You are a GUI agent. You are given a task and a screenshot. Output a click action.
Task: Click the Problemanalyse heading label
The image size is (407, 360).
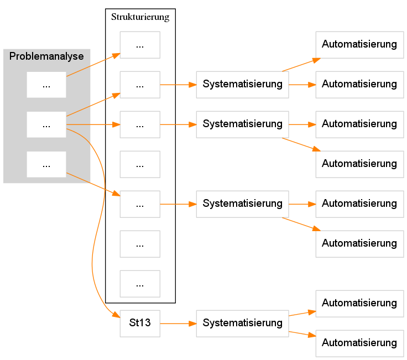click(x=46, y=56)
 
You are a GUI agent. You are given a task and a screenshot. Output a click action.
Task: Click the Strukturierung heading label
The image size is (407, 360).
click(x=140, y=17)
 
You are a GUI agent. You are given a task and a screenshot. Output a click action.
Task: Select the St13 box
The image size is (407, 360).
click(x=140, y=323)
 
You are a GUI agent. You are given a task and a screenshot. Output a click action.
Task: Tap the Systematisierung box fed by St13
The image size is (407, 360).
click(x=242, y=323)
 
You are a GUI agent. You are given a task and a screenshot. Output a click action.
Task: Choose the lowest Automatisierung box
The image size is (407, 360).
click(x=359, y=343)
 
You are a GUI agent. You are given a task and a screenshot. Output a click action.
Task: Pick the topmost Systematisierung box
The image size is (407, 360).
click(x=242, y=85)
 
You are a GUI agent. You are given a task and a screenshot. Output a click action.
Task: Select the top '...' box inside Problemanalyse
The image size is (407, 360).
click(x=46, y=85)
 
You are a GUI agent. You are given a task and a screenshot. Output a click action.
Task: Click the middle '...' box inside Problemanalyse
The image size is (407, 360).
click(x=46, y=124)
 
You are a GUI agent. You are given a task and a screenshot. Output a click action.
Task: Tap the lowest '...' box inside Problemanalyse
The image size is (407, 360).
click(x=46, y=164)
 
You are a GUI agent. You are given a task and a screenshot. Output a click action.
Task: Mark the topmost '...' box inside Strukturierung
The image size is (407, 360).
click(x=140, y=45)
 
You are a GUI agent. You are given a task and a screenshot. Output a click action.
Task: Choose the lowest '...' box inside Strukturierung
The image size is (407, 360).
click(x=140, y=284)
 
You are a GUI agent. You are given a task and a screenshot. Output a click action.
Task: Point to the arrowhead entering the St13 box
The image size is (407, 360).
click(x=117, y=315)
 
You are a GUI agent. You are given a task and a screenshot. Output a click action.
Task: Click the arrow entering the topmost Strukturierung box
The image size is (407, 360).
click(x=93, y=64)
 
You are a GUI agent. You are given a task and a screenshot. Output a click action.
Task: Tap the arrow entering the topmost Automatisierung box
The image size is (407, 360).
click(x=301, y=65)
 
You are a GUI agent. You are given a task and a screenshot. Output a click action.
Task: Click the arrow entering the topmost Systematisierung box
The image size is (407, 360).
click(x=178, y=85)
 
